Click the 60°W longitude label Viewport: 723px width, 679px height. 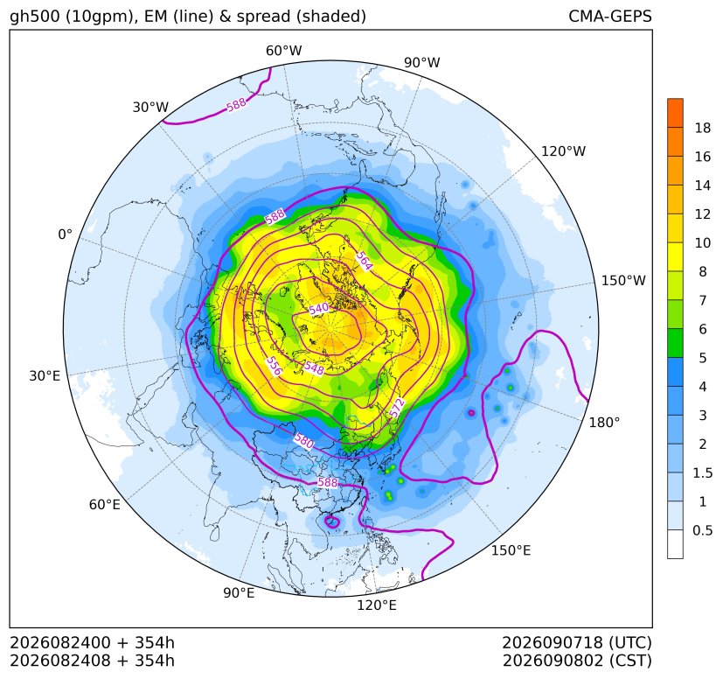[x=283, y=51]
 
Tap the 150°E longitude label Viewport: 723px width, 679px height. [x=511, y=550]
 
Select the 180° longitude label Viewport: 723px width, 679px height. [x=604, y=423]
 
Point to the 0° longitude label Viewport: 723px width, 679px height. [x=65, y=234]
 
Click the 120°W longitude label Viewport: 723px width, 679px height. [x=563, y=151]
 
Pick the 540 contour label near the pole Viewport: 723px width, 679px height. [x=318, y=309]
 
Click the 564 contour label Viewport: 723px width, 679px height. [x=364, y=262]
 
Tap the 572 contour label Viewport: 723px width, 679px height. [x=398, y=408]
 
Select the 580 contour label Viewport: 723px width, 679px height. [x=304, y=441]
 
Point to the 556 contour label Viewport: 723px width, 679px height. [x=274, y=366]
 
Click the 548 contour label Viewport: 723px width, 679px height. [x=314, y=367]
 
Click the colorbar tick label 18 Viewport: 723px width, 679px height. [x=703, y=128]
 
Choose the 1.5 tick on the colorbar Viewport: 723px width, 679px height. [x=702, y=472]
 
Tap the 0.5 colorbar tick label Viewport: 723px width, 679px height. [x=702, y=530]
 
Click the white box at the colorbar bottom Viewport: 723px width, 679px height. [x=675, y=544]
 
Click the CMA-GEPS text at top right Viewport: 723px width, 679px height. [x=610, y=16]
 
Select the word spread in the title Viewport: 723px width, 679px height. [x=262, y=17]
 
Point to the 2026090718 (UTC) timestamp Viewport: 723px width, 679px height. [x=577, y=642]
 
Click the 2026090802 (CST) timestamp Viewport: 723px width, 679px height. [x=577, y=661]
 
